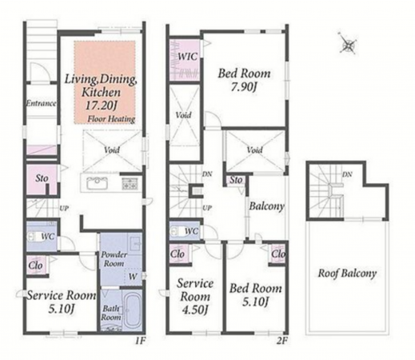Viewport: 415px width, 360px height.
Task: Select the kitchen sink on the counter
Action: (97, 183)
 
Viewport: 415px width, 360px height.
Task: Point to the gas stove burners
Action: (130, 184)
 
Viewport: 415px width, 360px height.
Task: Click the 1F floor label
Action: (140, 341)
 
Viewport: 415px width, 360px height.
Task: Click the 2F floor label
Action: (282, 341)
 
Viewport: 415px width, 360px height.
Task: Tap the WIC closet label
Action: (188, 57)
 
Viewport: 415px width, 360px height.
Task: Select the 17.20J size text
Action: (101, 106)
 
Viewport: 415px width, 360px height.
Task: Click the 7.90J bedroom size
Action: (244, 87)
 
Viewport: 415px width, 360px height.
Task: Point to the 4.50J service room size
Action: (195, 310)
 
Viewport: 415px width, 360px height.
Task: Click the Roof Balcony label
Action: (347, 274)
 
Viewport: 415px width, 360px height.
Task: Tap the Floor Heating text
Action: (111, 119)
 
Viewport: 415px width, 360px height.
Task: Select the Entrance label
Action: (41, 103)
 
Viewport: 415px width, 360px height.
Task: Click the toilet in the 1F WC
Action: (34, 237)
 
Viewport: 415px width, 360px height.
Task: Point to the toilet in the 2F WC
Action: (178, 231)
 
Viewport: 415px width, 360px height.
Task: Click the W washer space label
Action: (133, 277)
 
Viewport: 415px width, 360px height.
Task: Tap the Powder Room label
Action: (114, 259)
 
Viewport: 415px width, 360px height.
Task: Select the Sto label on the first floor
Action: (42, 178)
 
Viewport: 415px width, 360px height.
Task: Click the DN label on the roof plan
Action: (347, 174)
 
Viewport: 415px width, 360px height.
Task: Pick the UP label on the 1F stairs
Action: (64, 208)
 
